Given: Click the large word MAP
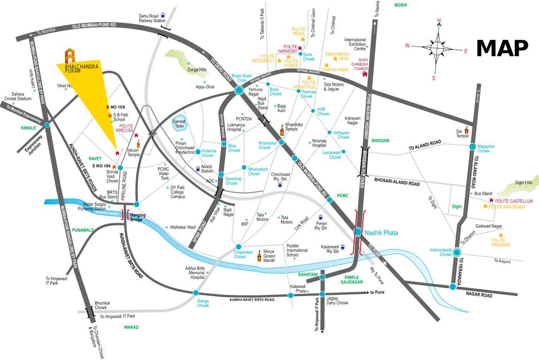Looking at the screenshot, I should pyautogui.click(x=502, y=47).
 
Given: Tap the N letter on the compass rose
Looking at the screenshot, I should pyautogui.click(x=439, y=20).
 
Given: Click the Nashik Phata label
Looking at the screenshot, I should pyautogui.click(x=381, y=232).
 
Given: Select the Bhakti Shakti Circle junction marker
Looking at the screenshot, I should pyautogui.click(x=238, y=91).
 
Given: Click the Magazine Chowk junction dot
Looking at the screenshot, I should pyautogui.click(x=473, y=146).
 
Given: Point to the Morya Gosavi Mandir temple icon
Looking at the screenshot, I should pyautogui.click(x=258, y=256).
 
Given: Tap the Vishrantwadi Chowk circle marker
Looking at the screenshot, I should pyautogui.click(x=456, y=253).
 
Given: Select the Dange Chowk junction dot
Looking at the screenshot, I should pyautogui.click(x=196, y=293).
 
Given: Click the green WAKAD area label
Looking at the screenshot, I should pyautogui.click(x=132, y=327).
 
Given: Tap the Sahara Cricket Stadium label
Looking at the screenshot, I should pyautogui.click(x=18, y=96).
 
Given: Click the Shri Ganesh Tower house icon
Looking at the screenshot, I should pyautogui.click(x=364, y=74).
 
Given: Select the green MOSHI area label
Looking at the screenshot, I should pyautogui.click(x=400, y=5).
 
